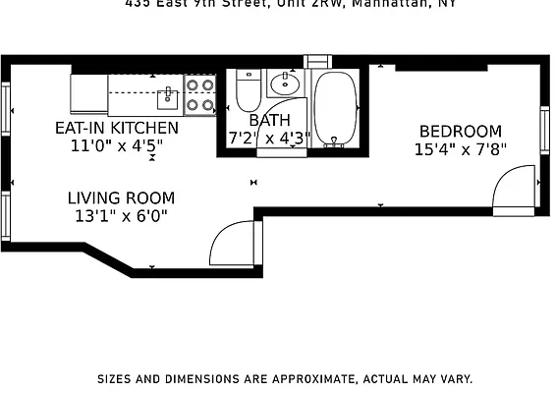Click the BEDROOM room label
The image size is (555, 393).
(x=460, y=132)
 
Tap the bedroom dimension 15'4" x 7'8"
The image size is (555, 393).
(x=460, y=150)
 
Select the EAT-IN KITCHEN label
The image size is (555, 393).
(x=116, y=128)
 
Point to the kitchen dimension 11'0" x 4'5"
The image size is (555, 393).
(x=116, y=146)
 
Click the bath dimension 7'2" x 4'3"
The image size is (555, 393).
(x=269, y=138)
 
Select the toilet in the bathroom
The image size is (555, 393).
(x=247, y=92)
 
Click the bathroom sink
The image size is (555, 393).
(x=285, y=83)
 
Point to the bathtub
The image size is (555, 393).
(x=337, y=108)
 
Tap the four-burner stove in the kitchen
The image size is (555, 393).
(x=199, y=93)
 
